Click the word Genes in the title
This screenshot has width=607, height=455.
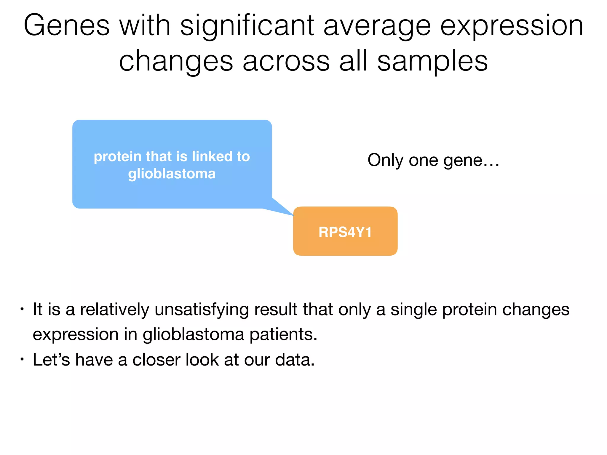(x=66, y=26)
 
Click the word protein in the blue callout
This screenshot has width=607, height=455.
(x=117, y=156)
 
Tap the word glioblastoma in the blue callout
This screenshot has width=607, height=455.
(x=172, y=174)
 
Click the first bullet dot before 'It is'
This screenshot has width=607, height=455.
(x=22, y=310)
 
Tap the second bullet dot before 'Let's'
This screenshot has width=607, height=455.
(x=22, y=360)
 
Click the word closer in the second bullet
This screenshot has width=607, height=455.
(x=156, y=360)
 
